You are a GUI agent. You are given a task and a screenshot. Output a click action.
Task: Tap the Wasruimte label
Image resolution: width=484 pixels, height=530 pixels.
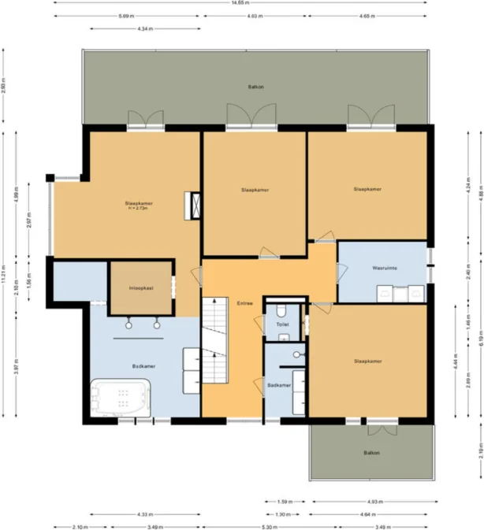(x=384, y=268)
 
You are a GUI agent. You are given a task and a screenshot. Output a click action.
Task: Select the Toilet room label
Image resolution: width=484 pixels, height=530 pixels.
(x=282, y=324)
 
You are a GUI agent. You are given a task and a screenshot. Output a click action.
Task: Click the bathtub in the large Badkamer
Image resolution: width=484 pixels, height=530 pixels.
(x=121, y=398)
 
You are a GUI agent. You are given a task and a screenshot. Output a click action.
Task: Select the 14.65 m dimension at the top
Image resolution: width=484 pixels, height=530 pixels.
(x=242, y=2)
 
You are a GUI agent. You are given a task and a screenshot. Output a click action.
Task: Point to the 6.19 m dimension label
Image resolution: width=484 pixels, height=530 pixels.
(x=480, y=336)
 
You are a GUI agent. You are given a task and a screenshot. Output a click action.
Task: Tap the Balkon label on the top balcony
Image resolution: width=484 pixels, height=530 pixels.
(x=255, y=87)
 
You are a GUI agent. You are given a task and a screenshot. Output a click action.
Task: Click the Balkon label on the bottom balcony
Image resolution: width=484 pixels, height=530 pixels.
(x=370, y=453)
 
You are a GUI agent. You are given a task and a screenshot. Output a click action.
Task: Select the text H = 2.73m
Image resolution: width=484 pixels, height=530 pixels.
(x=138, y=209)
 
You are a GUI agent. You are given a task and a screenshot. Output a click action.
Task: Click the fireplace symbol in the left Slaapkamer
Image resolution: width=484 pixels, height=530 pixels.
(x=192, y=206)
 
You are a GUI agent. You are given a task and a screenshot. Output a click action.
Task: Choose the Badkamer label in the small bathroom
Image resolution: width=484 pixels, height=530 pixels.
(x=278, y=385)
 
